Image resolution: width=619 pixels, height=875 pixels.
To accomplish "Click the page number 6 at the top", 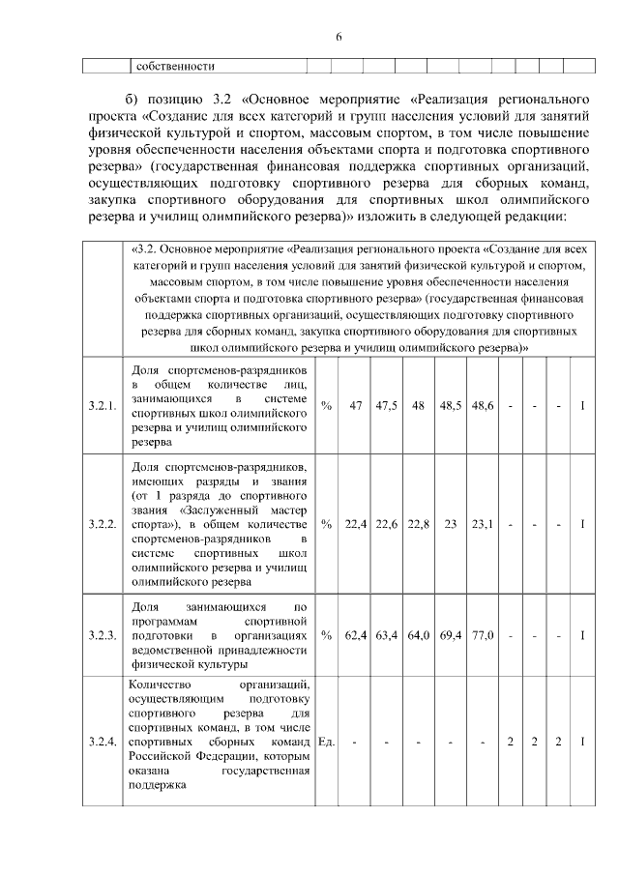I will [x=339, y=37].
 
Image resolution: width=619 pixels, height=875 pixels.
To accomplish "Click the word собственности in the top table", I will [x=175, y=67].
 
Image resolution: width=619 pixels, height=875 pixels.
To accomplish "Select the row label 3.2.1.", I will [x=103, y=405].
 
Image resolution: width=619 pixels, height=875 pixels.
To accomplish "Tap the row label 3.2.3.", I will [x=103, y=635].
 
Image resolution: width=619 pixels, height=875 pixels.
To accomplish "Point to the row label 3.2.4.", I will [x=103, y=742].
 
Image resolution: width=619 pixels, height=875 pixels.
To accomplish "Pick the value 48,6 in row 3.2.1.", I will [x=482, y=405].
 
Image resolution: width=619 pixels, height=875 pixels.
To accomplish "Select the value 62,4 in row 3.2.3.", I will [x=355, y=635].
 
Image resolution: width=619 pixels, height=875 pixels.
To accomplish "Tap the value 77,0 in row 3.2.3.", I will [x=482, y=635].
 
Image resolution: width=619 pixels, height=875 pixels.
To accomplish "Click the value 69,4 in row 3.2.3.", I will [x=450, y=635].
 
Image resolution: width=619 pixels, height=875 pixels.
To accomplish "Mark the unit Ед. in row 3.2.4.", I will [x=326, y=742].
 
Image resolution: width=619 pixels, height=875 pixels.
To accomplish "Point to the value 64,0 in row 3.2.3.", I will [x=418, y=635].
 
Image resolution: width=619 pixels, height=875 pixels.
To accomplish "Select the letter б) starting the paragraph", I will [x=133, y=100].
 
